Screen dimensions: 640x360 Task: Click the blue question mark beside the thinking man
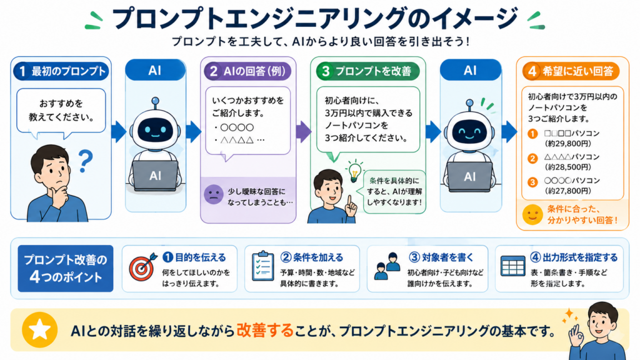pyautogui.click(x=85, y=161)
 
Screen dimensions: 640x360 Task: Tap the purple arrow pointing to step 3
pyautogui.click(x=303, y=131)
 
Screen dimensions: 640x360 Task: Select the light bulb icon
pyautogui.click(x=354, y=171)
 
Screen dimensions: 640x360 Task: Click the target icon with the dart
pyautogui.click(x=142, y=267)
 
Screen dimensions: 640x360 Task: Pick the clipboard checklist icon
pyautogui.click(x=262, y=266)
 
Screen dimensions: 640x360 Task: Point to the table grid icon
pyautogui.click(x=512, y=266)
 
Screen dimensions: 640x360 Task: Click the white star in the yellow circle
pyautogui.click(x=39, y=330)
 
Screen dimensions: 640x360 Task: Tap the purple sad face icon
pyautogui.click(x=214, y=194)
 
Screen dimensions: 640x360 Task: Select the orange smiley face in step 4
pyautogui.click(x=532, y=214)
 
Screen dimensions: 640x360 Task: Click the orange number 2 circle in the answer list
pyautogui.click(x=532, y=158)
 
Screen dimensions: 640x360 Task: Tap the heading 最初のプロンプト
pyautogui.click(x=69, y=71)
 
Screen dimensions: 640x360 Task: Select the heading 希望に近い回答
pyautogui.click(x=577, y=71)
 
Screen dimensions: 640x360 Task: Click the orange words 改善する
pyautogui.click(x=265, y=330)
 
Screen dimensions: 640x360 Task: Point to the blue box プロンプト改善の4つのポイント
pyautogui.click(x=65, y=269)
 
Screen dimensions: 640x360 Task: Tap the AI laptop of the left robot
pyautogui.click(x=155, y=176)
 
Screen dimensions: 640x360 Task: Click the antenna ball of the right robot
pyautogui.click(x=470, y=102)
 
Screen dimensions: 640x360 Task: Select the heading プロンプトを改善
pyautogui.click(x=373, y=71)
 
